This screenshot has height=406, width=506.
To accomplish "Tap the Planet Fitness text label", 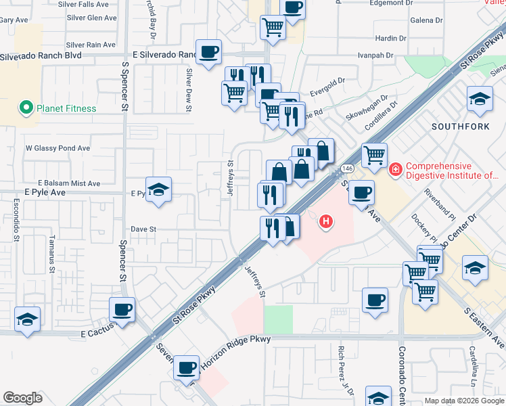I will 67,108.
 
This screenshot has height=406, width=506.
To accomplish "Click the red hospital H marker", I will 327,221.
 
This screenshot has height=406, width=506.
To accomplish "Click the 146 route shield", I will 348,167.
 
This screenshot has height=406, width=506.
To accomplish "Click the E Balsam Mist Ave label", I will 69,183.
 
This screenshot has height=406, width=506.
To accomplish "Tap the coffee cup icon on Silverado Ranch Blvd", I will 209,51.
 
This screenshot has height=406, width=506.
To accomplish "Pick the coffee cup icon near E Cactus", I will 122,310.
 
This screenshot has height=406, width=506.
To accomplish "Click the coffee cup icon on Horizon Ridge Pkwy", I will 186,368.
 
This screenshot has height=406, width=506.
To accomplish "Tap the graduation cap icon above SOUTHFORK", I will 480,99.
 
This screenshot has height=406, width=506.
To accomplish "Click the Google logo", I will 23,398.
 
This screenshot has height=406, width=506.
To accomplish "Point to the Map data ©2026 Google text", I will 463,401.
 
